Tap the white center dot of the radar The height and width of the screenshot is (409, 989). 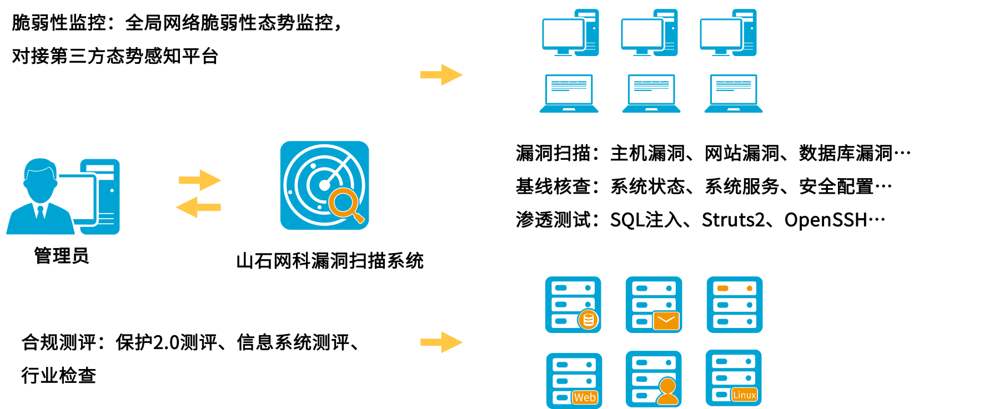[x=324, y=185]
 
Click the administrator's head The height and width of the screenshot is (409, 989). [x=39, y=179]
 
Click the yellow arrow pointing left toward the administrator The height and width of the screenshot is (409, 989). [x=198, y=207]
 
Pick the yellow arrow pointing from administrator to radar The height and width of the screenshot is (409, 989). [x=200, y=180]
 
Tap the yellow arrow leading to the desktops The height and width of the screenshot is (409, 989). [x=441, y=75]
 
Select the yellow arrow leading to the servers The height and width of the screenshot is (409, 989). [x=441, y=342]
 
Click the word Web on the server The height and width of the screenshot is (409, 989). [x=585, y=397]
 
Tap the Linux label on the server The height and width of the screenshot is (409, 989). [x=744, y=395]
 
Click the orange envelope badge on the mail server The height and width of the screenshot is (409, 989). [x=666, y=321]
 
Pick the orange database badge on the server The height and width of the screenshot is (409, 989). [x=589, y=320]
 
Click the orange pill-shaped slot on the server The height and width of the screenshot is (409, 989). [x=722, y=289]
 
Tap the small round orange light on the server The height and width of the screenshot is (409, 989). [x=749, y=289]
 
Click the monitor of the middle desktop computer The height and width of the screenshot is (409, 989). [x=641, y=34]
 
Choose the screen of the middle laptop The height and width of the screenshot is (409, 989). [x=651, y=89]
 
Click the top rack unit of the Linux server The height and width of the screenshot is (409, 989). [x=734, y=361]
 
